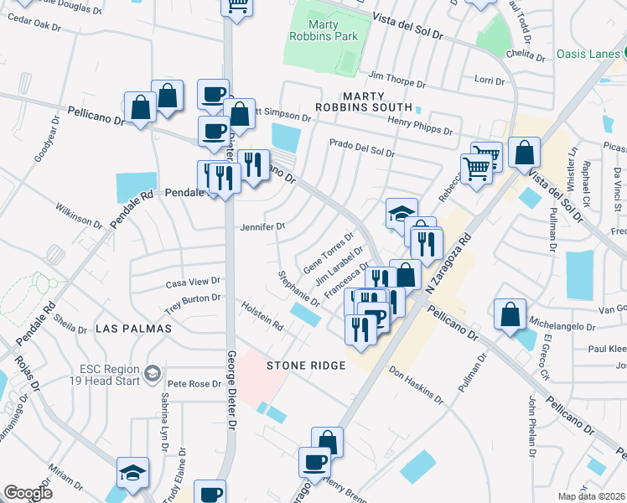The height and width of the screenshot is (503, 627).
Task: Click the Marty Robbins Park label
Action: click(332, 30)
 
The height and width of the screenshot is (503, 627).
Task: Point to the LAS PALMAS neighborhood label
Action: click(133, 329)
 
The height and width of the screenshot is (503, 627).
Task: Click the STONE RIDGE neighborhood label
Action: click(306, 366)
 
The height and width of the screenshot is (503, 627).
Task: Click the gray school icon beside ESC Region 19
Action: click(153, 372)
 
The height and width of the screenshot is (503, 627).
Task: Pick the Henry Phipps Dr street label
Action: click(420, 126)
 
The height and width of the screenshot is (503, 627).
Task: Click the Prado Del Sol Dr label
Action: click(361, 148)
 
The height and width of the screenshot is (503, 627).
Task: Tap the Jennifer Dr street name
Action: click(262, 226)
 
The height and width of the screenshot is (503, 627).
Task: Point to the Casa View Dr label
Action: click(192, 282)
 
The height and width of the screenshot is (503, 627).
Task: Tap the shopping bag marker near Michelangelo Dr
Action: click(510, 315)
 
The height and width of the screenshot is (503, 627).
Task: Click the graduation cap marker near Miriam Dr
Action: click(132, 473)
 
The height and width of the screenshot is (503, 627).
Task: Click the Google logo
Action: click(28, 493)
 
